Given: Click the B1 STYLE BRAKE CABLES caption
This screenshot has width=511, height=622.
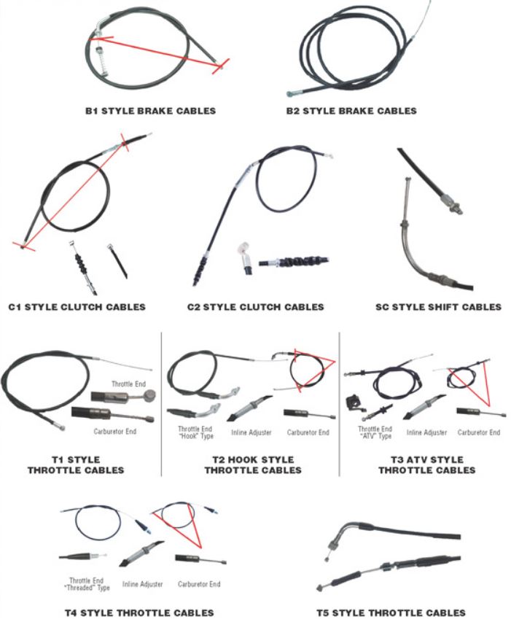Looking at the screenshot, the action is coord(151,111).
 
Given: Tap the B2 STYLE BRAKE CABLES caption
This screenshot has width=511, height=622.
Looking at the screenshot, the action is coord(351,111).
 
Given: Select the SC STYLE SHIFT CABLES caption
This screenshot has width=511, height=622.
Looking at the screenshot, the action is coord(438,307).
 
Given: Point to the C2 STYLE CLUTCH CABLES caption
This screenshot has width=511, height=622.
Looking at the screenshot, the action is coord(255,307).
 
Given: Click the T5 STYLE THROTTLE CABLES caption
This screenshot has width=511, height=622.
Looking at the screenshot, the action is coord(391,613).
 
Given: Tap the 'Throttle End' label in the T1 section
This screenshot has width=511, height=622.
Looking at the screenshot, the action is coord(128,384).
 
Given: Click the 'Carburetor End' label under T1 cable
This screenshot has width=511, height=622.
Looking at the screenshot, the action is coord(115,431).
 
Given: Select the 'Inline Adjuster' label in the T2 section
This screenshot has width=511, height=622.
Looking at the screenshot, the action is coord(251,432).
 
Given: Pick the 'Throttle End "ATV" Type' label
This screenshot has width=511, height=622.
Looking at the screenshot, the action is coord(375,432).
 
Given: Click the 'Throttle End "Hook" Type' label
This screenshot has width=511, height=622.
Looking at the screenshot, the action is coord(195,432).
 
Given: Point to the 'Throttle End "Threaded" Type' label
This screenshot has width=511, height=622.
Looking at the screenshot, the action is coord(87,584).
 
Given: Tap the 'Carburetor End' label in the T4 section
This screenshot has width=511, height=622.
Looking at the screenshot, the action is coord(199,584).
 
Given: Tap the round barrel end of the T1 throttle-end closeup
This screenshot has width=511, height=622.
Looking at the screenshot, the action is coord(150,395).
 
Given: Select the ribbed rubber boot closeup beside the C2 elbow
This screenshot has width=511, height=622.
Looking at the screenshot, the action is coord(293,262).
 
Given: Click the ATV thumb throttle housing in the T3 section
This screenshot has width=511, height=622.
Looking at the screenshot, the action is coord(351,403).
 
